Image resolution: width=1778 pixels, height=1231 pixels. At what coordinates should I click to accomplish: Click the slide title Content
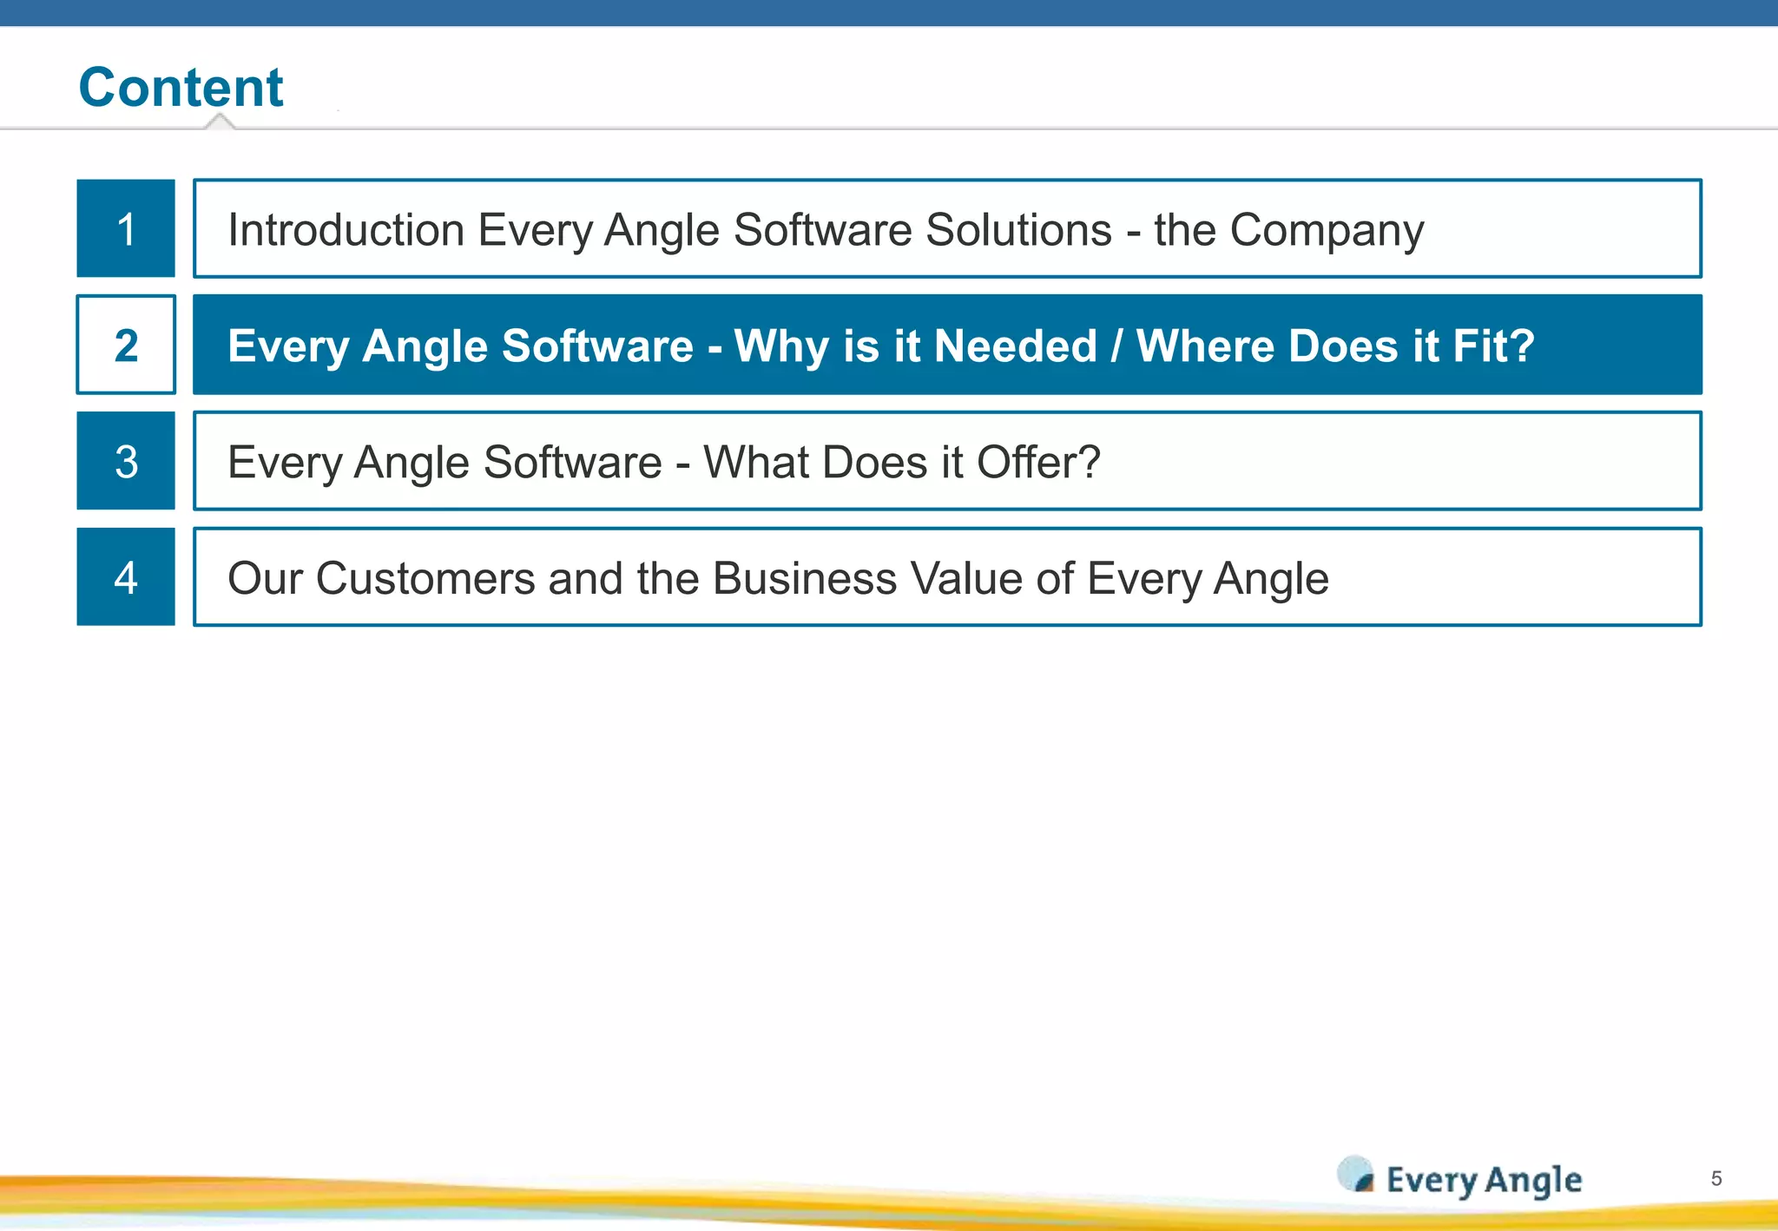click(x=181, y=88)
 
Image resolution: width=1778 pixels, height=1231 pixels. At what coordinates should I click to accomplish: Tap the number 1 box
click(x=126, y=228)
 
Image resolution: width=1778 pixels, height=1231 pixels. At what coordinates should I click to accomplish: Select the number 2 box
click(x=126, y=345)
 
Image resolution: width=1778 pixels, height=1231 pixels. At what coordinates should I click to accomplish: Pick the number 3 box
click(x=126, y=461)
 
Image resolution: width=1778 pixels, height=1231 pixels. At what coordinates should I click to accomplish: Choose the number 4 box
click(x=126, y=577)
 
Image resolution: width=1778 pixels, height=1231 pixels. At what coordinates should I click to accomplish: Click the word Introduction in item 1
click(x=346, y=230)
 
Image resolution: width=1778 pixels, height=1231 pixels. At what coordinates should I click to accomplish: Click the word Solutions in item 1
click(x=1018, y=230)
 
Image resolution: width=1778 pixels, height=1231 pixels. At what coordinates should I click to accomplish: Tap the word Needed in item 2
click(x=1015, y=346)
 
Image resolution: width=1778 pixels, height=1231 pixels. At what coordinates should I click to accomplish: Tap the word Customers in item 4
click(x=425, y=578)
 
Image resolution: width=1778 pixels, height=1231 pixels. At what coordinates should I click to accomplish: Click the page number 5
click(x=1716, y=1178)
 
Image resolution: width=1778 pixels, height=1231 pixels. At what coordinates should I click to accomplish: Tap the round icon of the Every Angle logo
click(x=1355, y=1175)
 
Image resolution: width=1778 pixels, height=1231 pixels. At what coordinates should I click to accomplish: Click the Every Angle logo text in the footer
click(x=1484, y=1181)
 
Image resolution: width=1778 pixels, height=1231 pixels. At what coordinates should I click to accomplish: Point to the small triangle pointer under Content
click(x=221, y=122)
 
